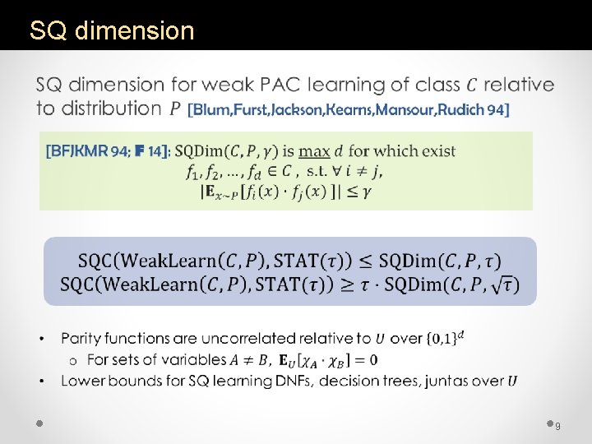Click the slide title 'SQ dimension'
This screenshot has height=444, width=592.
tap(112, 31)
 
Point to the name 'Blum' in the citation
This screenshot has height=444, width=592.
tap(215, 109)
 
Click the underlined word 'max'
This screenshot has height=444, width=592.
tap(313, 150)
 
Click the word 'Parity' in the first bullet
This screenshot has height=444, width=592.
tap(83, 338)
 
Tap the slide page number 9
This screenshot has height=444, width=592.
tap(558, 425)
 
